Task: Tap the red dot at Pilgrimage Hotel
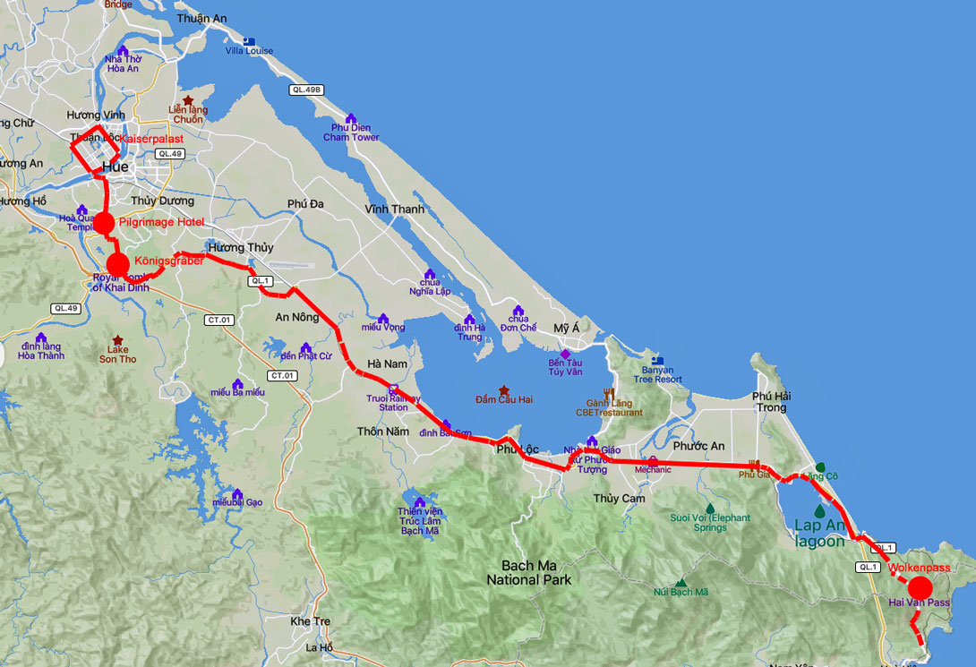104,223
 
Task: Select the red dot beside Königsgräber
118,264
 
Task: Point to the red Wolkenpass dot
920,587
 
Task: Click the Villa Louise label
249,51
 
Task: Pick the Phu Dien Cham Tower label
351,133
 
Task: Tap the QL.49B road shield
305,90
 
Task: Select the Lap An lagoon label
819,534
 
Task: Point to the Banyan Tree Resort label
657,374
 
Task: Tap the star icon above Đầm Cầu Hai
504,390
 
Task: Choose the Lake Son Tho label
117,354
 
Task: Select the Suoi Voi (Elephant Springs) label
710,522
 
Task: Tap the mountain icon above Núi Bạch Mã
681,582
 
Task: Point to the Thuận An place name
201,18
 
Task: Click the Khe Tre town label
311,621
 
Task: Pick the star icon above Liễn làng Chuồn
188,101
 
